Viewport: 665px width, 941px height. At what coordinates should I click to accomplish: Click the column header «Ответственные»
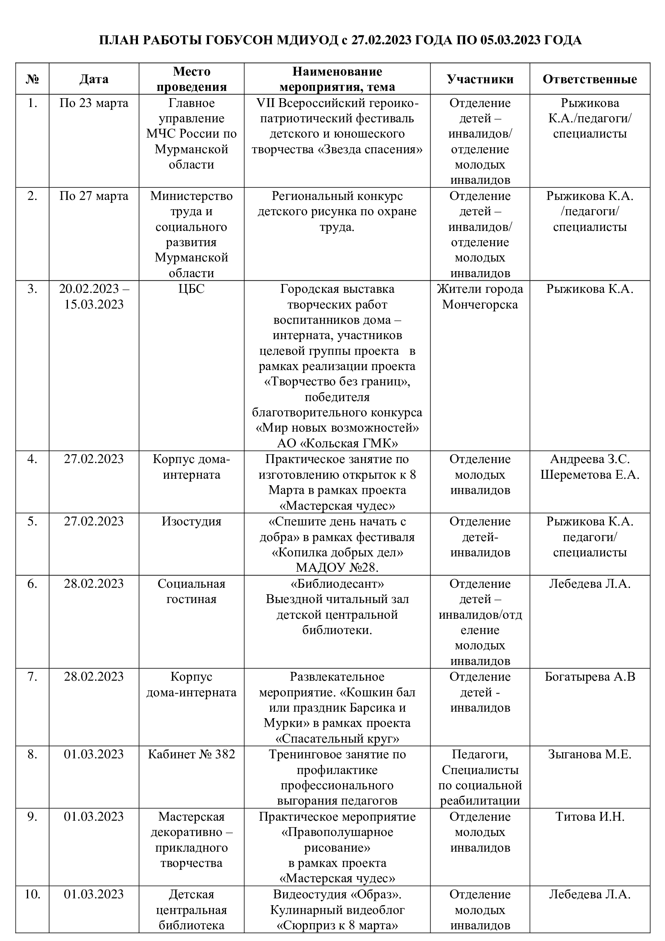point(589,79)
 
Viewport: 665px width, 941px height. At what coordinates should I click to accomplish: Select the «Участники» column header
point(480,79)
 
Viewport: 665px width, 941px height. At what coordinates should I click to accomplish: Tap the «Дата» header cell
point(94,79)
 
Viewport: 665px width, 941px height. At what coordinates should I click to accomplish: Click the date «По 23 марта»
point(94,103)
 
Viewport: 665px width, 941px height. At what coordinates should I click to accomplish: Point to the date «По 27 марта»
point(94,196)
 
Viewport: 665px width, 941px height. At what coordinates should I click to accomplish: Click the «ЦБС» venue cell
point(191,289)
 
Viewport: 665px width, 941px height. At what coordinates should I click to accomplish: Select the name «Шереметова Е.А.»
point(589,475)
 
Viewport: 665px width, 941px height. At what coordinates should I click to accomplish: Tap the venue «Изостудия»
point(191,522)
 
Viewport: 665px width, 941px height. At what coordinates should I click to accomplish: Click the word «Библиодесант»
point(337,584)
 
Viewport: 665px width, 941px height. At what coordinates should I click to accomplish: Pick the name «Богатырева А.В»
point(589,677)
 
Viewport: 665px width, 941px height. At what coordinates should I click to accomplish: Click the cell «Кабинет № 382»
point(191,754)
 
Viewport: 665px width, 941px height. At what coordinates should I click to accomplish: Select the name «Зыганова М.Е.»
point(589,754)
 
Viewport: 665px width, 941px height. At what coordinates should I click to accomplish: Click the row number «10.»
point(32,894)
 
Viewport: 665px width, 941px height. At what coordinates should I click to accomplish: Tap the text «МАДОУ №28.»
point(337,568)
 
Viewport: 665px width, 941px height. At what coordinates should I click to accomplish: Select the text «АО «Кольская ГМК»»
point(337,443)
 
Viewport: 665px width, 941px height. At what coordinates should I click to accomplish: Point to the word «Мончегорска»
point(480,305)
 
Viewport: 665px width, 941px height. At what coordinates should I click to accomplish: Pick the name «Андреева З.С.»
point(589,459)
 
